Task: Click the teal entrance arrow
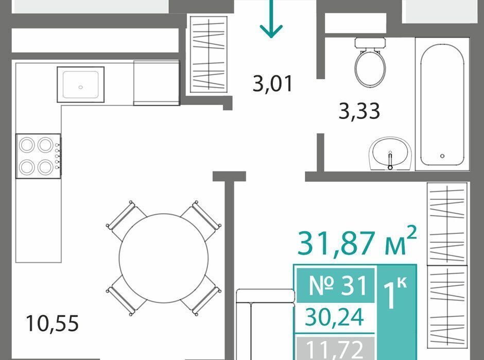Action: click(271, 19)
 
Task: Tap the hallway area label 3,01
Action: click(272, 84)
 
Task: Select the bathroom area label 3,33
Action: click(359, 111)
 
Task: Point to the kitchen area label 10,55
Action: click(52, 323)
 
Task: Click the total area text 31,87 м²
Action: click(357, 241)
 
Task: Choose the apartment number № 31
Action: click(338, 286)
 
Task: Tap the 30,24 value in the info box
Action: click(334, 317)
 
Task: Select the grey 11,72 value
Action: click(334, 349)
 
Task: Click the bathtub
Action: click(442, 105)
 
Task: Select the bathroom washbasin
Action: click(390, 153)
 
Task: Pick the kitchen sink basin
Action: click(80, 84)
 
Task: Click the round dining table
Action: click(164, 258)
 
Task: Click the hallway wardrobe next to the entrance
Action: click(209, 54)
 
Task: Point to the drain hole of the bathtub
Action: click(442, 156)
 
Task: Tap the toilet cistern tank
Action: click(370, 43)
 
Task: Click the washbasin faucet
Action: click(390, 160)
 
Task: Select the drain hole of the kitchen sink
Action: click(80, 87)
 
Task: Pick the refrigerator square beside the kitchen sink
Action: click(157, 83)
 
